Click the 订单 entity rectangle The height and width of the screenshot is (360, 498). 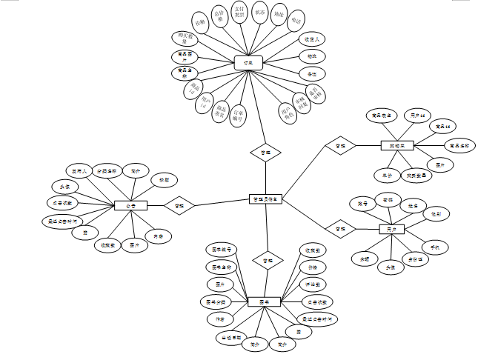point(249,64)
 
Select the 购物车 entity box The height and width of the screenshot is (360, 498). point(396,146)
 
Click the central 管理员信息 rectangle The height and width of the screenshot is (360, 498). point(265,199)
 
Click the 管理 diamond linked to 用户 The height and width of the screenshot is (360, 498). point(340,229)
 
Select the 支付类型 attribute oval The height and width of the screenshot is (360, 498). point(239,16)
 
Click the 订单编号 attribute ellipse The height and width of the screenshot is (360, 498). point(237,115)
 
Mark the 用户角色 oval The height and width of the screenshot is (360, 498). point(287,112)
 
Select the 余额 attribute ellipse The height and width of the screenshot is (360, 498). point(364,259)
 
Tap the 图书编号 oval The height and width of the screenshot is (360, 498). point(220,249)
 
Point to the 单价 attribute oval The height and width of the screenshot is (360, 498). point(382,176)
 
